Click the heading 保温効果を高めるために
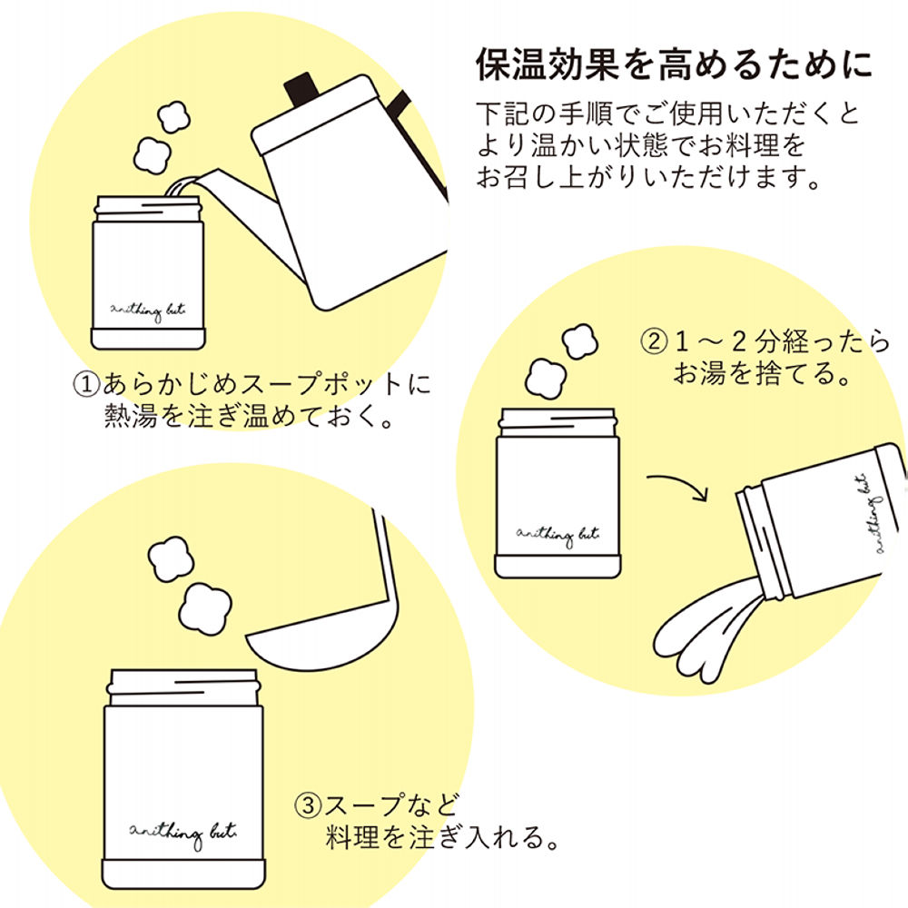674,65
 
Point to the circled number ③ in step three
308,804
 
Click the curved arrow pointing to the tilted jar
682,485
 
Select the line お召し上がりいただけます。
649,176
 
